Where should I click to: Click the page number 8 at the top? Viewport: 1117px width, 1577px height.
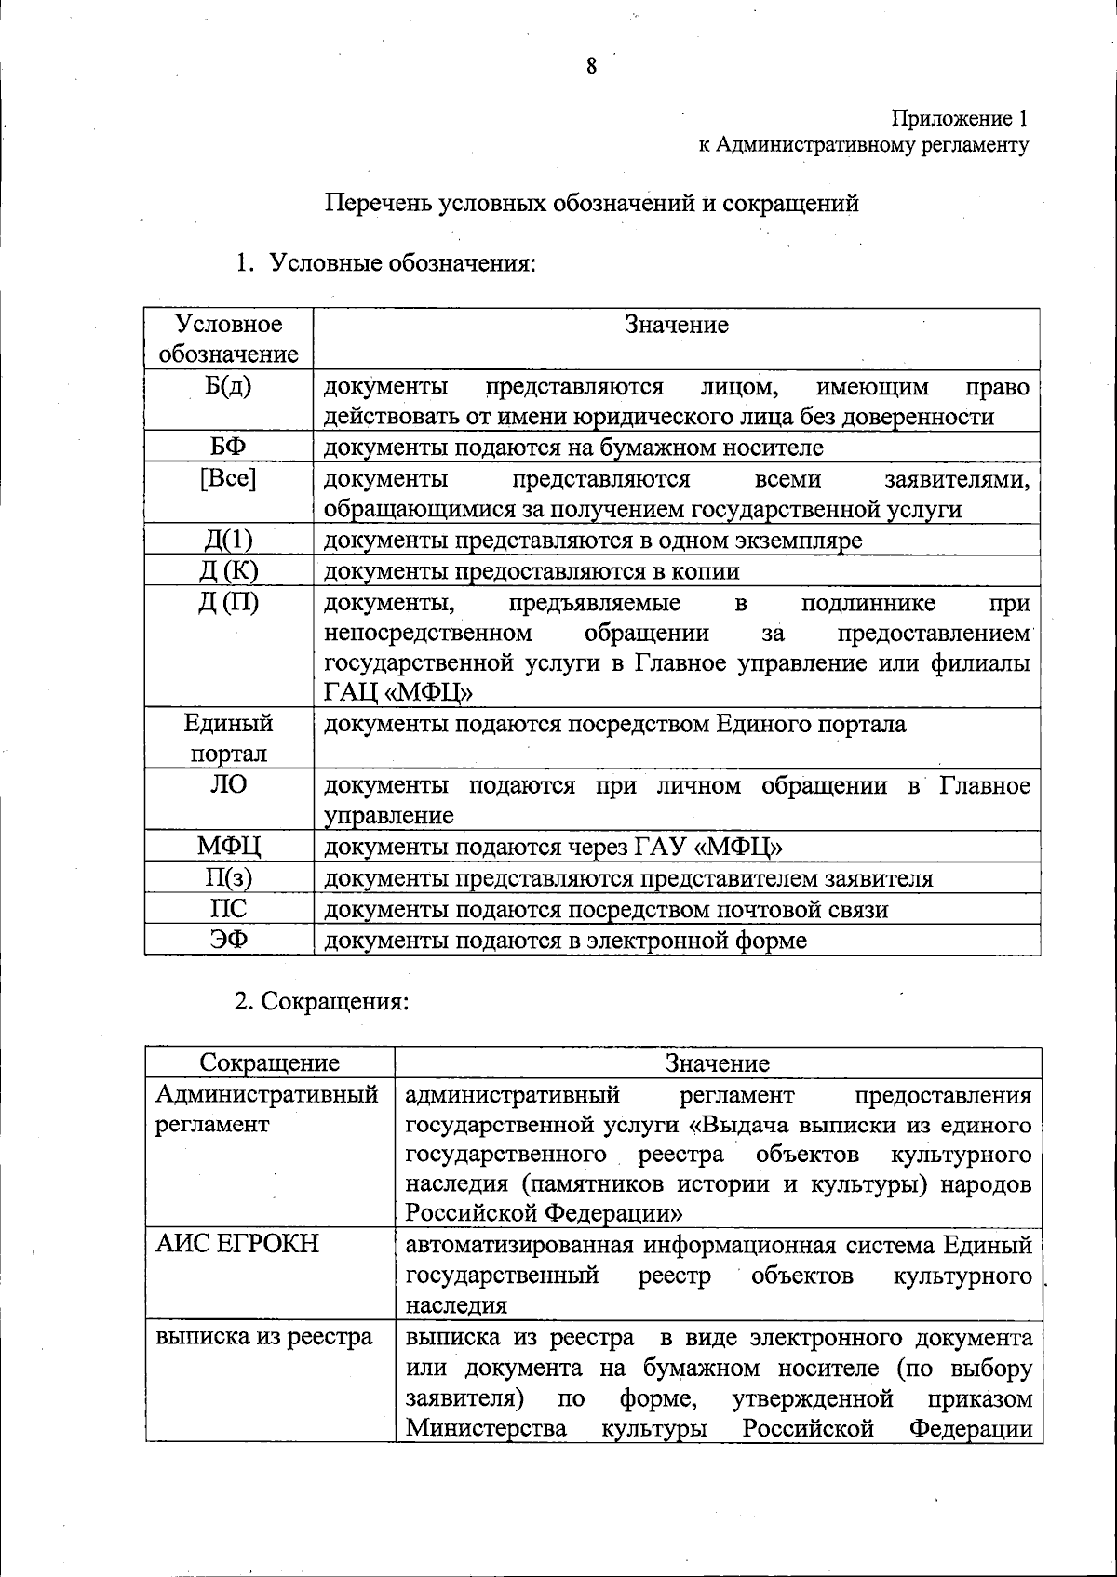pyautogui.click(x=591, y=65)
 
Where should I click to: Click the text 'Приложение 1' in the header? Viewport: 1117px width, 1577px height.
pyautogui.click(x=960, y=118)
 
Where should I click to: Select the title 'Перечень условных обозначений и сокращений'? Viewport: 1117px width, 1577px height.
pyautogui.click(x=591, y=203)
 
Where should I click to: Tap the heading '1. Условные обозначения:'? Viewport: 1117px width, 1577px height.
pyautogui.click(x=385, y=263)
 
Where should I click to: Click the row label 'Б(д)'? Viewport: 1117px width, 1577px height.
pyautogui.click(x=228, y=386)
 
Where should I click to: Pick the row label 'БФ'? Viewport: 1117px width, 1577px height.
pyautogui.click(x=228, y=447)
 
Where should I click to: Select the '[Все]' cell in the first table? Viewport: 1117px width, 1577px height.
pyautogui.click(x=228, y=478)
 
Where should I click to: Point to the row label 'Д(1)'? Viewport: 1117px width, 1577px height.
pyautogui.click(x=228, y=541)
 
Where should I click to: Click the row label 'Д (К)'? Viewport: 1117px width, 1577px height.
pyautogui.click(x=228, y=571)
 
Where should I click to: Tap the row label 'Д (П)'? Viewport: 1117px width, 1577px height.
pyautogui.click(x=228, y=603)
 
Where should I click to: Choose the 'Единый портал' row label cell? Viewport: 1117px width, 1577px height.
pyautogui.click(x=228, y=738)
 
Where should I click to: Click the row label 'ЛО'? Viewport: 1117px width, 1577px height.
pyautogui.click(x=228, y=784)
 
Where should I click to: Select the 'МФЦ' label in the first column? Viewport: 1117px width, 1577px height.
pyautogui.click(x=228, y=847)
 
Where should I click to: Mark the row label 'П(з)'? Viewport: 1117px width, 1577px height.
pyautogui.click(x=228, y=878)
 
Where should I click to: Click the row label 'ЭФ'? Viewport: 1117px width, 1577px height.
pyautogui.click(x=228, y=940)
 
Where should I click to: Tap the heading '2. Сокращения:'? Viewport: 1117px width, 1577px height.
pyautogui.click(x=321, y=1002)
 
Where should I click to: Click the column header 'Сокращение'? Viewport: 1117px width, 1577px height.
pyautogui.click(x=270, y=1062)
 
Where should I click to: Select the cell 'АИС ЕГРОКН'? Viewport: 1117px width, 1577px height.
pyautogui.click(x=237, y=1244)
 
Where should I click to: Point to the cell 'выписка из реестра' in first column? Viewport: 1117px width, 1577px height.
pyautogui.click(x=264, y=1337)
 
